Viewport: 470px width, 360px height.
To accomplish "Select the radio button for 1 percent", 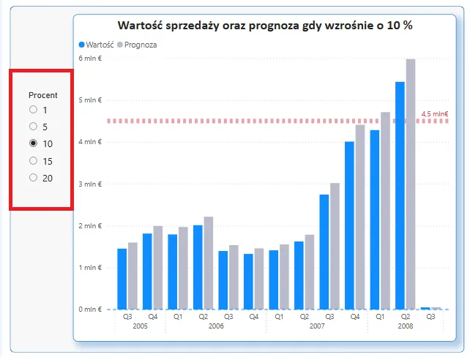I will [33, 110].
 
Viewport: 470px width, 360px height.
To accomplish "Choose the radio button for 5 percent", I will [33, 127].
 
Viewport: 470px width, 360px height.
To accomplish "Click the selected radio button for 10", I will [33, 143].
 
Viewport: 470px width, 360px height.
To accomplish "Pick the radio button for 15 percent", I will [33, 160].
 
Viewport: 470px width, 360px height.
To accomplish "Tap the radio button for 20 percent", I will [33, 178].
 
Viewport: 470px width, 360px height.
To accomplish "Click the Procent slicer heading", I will [42, 95].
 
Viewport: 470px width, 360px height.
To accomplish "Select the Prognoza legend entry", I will [141, 45].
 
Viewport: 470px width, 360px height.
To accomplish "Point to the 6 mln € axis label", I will [90, 58].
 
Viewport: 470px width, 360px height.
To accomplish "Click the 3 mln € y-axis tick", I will [90, 184].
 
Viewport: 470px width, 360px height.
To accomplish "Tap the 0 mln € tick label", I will [90, 310].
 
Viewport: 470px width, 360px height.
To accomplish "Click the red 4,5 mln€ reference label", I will [435, 114].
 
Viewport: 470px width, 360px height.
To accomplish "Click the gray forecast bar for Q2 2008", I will [411, 184].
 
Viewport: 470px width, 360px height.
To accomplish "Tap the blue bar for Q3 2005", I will [122, 279].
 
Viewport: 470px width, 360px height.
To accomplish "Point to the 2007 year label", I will [317, 326].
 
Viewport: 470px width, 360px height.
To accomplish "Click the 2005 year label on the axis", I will [140, 326].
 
